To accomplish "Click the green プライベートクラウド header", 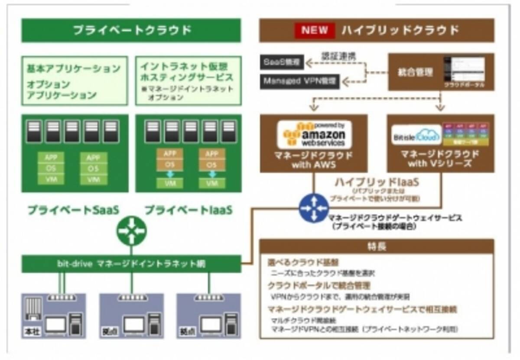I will click(x=131, y=30).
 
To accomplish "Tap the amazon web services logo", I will click(x=314, y=134).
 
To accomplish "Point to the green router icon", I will click(x=131, y=232).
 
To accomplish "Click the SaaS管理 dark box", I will click(x=282, y=62).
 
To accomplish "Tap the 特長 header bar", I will click(x=376, y=246).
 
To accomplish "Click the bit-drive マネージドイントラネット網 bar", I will click(x=131, y=264).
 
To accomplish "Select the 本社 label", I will click(x=30, y=334).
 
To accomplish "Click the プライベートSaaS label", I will click(x=74, y=211).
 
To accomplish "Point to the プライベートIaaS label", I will click(x=188, y=211).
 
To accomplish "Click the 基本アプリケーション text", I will click(x=73, y=68).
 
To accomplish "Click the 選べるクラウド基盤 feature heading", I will click(x=303, y=263).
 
